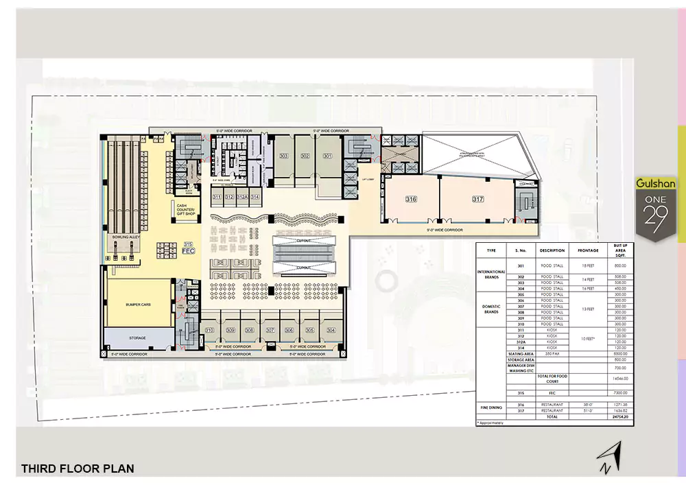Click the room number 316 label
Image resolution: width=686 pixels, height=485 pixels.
411,199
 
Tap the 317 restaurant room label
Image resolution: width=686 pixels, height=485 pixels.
478,199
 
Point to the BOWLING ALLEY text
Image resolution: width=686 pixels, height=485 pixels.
126,237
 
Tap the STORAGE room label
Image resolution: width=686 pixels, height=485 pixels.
138,338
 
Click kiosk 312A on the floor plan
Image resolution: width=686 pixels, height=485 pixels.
242,198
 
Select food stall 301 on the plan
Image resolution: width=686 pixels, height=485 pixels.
327,156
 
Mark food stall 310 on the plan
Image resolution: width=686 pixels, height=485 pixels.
209,330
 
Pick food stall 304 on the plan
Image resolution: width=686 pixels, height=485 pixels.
331,330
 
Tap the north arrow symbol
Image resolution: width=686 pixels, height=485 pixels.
606,458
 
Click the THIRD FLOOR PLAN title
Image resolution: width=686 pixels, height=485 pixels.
78,469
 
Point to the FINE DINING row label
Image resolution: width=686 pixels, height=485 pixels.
491,407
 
